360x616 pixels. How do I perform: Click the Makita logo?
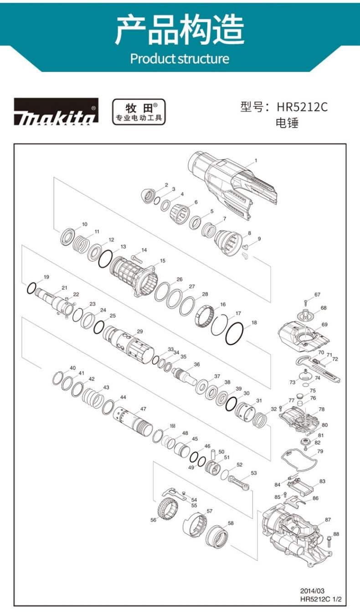56,112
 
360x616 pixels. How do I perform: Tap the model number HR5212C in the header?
302,107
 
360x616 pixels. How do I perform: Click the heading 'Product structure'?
180,59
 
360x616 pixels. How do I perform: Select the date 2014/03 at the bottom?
312,590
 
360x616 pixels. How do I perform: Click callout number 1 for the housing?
256,160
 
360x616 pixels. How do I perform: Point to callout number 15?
163,261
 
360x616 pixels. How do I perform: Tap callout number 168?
172,426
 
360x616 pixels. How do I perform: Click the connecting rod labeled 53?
239,483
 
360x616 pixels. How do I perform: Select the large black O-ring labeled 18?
235,334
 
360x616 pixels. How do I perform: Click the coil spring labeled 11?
81,244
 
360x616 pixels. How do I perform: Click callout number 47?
143,409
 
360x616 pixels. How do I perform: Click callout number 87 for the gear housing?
328,519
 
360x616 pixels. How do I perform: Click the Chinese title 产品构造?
180,30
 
